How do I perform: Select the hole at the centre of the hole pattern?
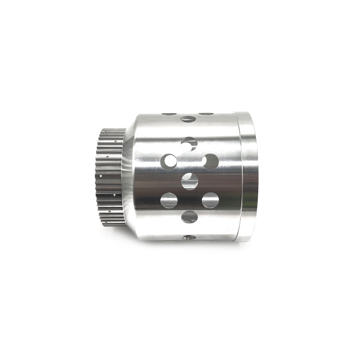(190, 181)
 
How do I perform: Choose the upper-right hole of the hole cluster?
(210, 162)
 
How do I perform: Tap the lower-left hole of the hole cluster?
(169, 200)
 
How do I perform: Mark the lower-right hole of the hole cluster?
(210, 200)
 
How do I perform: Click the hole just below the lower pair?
(190, 217)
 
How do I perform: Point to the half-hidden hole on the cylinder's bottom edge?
(190, 237)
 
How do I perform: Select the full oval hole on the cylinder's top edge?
(187, 119)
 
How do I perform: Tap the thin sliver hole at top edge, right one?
(206, 114)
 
